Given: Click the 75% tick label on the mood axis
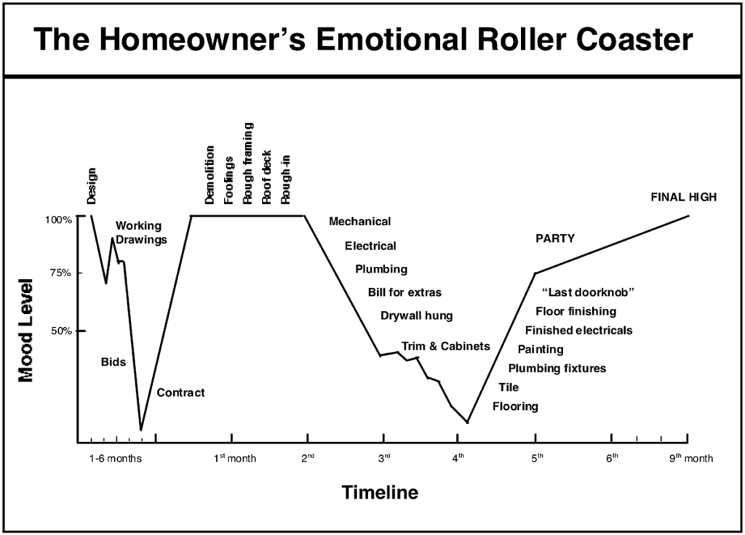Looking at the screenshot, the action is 61,273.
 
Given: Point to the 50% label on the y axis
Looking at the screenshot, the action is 61,331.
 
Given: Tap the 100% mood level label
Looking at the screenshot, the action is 58,220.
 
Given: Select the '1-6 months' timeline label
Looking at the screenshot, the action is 116,459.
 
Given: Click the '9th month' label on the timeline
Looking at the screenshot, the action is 691,458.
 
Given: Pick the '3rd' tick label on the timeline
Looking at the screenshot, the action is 384,458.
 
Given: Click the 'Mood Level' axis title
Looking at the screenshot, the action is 26,331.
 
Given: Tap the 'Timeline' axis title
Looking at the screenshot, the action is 380,492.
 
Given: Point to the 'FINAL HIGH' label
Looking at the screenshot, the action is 684,197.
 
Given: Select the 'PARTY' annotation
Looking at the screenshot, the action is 555,238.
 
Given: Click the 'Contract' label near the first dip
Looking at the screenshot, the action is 180,393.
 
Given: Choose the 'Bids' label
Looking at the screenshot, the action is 113,362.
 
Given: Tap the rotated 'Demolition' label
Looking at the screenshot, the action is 210,175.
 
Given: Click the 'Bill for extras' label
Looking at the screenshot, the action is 405,292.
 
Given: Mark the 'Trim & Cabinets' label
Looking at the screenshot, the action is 446,346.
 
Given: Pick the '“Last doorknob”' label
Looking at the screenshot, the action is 588,292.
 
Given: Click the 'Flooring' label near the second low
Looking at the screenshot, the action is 516,406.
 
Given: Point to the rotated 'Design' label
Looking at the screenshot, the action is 92,186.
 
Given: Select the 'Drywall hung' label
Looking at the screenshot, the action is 417,316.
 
